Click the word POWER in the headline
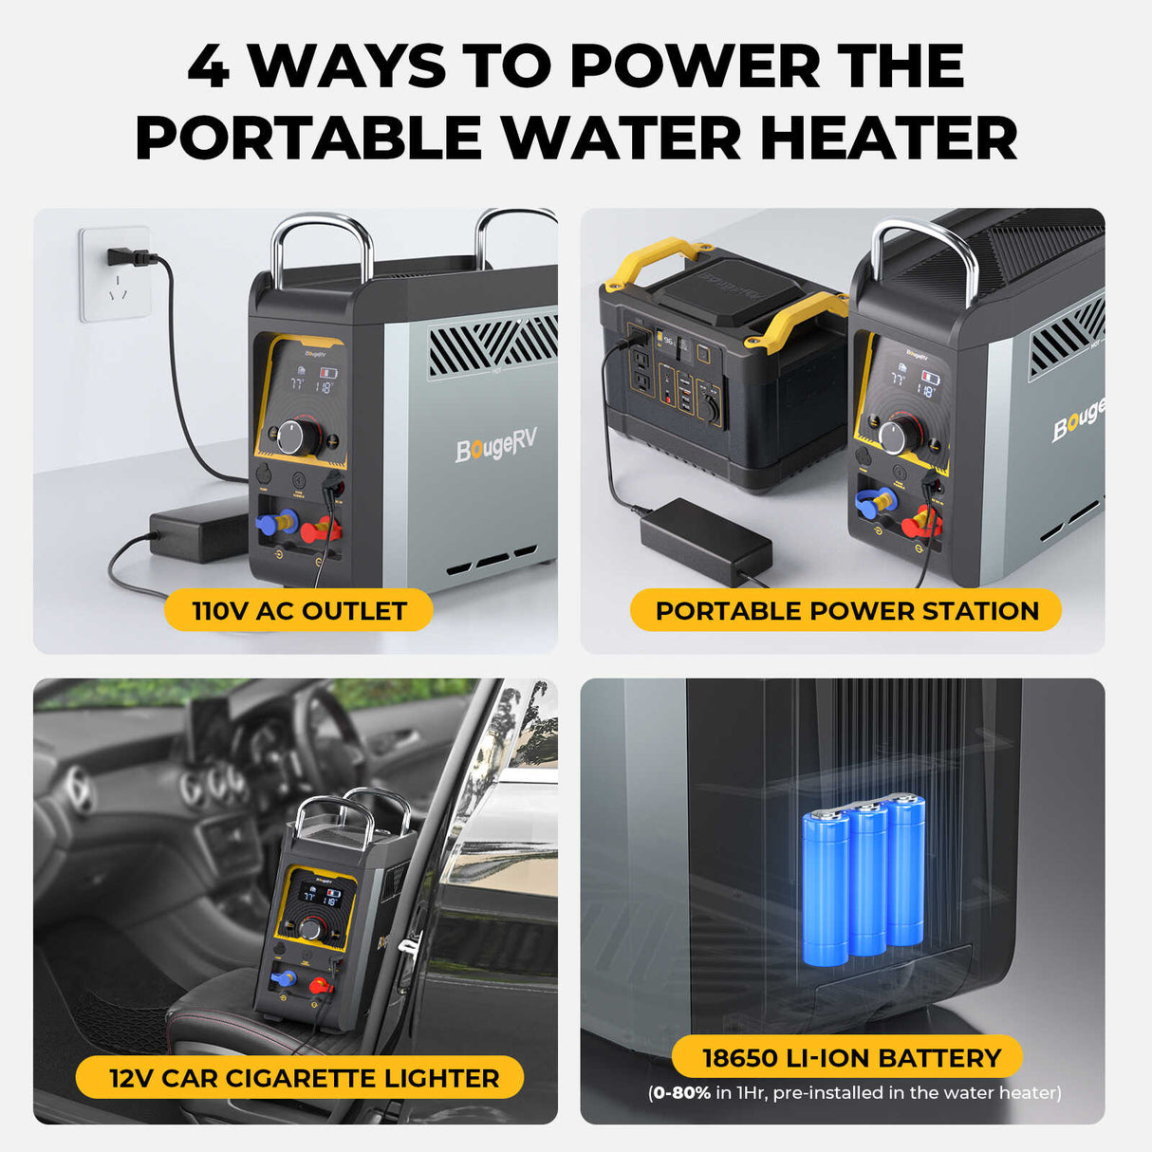(x=695, y=66)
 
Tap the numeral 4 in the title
(x=208, y=66)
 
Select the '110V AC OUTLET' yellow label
(x=299, y=610)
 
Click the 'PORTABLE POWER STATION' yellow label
(x=845, y=610)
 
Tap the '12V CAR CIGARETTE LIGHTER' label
(x=303, y=1078)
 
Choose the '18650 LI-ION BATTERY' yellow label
(x=850, y=1057)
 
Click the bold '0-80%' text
(x=681, y=1093)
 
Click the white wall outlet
(x=115, y=274)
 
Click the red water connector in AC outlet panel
(x=319, y=528)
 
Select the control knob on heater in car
(x=312, y=928)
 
